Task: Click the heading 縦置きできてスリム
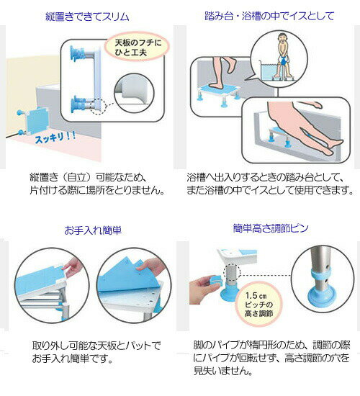(x=87, y=17)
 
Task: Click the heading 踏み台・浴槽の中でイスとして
(x=269, y=16)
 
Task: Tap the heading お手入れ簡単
(x=93, y=230)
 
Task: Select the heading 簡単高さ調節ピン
(x=271, y=228)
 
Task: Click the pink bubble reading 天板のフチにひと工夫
(x=137, y=48)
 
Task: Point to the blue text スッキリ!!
(x=55, y=137)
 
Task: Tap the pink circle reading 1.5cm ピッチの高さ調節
(x=259, y=305)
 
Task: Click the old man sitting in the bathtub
(x=283, y=58)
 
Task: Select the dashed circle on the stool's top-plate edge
(x=98, y=107)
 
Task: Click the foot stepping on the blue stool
(x=222, y=73)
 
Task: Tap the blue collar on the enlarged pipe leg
(x=321, y=275)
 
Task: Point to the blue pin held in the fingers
(x=215, y=280)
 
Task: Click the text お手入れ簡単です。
(x=73, y=359)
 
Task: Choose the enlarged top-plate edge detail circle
(x=134, y=93)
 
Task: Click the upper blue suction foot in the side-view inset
(x=76, y=54)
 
